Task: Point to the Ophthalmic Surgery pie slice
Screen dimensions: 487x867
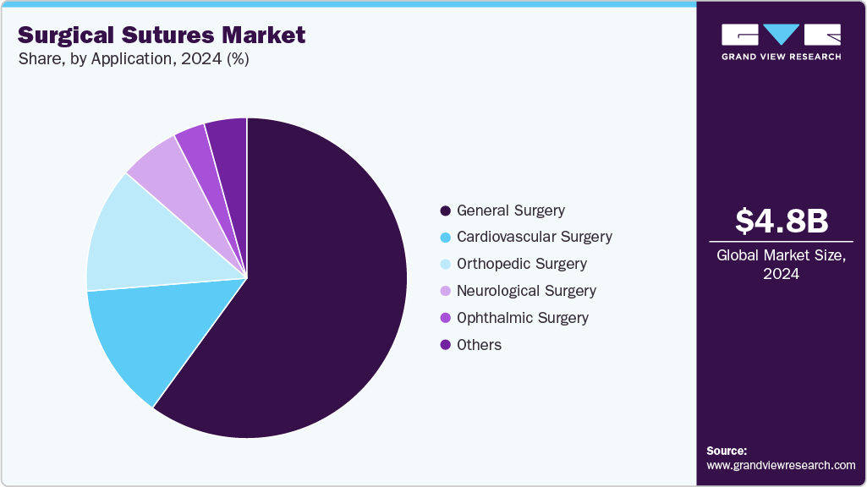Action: point(193,140)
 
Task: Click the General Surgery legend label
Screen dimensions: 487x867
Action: point(510,211)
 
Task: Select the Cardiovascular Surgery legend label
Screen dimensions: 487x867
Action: point(534,237)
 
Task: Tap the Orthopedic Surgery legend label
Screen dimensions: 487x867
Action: point(521,264)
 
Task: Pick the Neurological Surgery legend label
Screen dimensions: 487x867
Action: point(526,291)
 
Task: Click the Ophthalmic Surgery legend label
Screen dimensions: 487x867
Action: point(522,318)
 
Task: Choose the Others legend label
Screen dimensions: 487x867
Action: point(479,345)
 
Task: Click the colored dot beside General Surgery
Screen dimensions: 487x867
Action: point(445,211)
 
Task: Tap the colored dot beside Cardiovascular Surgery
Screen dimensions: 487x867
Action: point(445,238)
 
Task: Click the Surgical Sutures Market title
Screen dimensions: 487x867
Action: point(162,36)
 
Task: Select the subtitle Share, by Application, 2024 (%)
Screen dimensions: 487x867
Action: point(133,59)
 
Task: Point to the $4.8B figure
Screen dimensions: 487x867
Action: point(781,222)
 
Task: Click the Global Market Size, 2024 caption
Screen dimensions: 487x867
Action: point(781,264)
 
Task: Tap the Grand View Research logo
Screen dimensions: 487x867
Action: point(781,41)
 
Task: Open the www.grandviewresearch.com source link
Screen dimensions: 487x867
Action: point(781,465)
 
